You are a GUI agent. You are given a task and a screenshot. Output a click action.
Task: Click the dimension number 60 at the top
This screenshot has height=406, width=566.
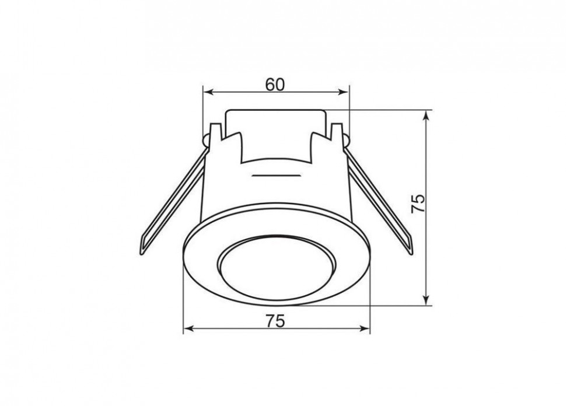[x=275, y=85]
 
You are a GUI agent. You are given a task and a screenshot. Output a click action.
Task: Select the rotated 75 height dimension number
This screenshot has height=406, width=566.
[x=418, y=204]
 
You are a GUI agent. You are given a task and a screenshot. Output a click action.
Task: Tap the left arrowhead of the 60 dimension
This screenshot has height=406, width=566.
[x=208, y=92]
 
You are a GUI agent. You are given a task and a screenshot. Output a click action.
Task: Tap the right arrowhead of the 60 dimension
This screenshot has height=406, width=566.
[x=343, y=92]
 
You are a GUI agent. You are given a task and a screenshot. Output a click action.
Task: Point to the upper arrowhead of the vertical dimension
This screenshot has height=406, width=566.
[x=427, y=116]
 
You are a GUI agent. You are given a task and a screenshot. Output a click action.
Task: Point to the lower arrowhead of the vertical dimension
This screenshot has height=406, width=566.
[x=427, y=299]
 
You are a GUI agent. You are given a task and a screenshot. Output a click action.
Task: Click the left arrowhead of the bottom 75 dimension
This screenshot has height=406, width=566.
[x=189, y=328]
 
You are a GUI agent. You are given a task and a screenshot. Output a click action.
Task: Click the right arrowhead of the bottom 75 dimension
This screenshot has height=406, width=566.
[x=365, y=328]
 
